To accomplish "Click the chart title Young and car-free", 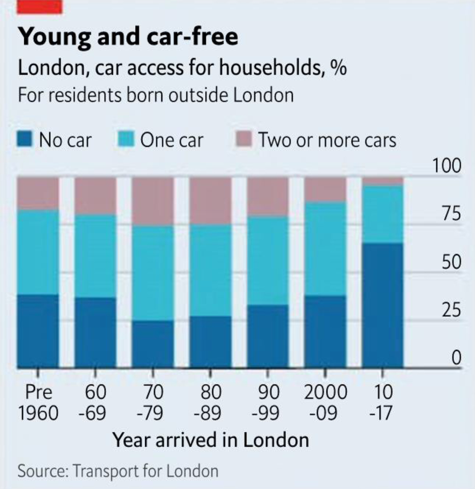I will pyautogui.click(x=127, y=37).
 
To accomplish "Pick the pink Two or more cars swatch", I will pyautogui.click(x=244, y=139).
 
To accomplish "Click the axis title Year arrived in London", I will pyautogui.click(x=211, y=440).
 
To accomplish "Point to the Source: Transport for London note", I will pyautogui.click(x=118, y=470).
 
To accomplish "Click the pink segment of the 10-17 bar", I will pyautogui.click(x=382, y=181).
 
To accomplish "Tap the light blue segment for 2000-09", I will pyautogui.click(x=325, y=249).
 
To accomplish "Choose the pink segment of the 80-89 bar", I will pyautogui.click(x=210, y=201).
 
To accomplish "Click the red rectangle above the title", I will pyautogui.click(x=39, y=6).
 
